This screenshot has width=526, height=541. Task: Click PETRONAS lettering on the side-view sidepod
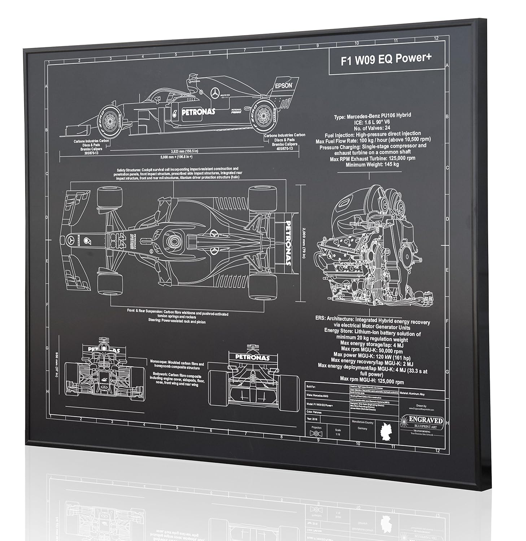(198, 112)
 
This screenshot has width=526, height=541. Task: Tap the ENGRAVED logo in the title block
(426, 420)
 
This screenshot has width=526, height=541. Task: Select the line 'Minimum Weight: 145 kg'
(372, 164)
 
